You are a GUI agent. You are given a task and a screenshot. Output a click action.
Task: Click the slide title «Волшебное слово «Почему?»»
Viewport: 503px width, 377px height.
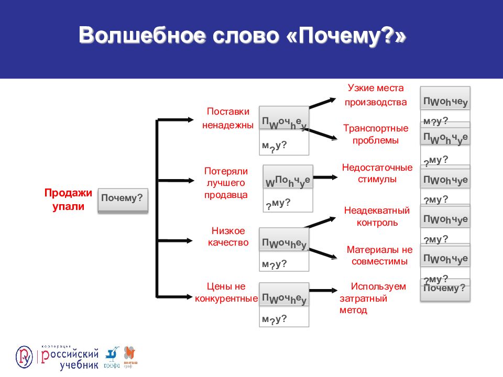242,36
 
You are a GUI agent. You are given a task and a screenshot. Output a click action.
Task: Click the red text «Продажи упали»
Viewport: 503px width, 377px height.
68,199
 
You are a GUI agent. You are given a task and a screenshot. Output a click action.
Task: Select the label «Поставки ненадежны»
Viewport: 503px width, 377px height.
228,118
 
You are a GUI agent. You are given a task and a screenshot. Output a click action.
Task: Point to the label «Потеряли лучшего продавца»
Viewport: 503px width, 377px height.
226,183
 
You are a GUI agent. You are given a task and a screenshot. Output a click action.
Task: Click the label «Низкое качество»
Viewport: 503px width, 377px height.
228,237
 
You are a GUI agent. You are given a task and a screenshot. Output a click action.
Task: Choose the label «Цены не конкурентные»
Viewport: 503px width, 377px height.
226,292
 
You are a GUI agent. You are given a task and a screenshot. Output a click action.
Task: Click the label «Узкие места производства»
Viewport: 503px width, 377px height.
375,95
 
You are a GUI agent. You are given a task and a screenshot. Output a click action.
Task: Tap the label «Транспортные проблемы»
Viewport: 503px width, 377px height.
375,134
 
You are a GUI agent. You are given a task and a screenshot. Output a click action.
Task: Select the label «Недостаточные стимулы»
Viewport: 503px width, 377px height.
377,173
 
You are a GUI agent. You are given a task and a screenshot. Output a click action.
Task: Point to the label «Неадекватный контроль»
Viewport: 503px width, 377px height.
376,216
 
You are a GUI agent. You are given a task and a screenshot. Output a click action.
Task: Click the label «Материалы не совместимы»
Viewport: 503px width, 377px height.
379,255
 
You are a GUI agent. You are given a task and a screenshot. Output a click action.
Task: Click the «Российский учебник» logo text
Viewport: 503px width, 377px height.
69,359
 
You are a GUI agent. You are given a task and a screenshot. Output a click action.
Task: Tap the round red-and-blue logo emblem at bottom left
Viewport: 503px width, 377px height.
24,357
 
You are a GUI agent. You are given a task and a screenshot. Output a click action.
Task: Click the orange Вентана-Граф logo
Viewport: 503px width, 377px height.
130,356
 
